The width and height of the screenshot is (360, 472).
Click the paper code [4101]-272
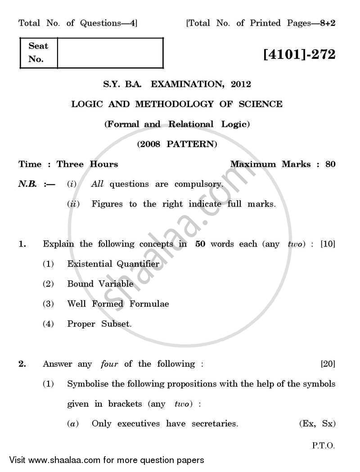coord(299,55)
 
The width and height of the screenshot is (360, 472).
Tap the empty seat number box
coord(110,53)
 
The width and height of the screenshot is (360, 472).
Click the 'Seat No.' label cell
coord(38,53)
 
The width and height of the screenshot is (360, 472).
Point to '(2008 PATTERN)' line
coord(177,144)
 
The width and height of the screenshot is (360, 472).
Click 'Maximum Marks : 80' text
coord(283,164)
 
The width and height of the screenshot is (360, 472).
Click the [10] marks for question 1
coord(328,244)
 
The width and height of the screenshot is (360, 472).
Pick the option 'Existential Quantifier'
coord(113,264)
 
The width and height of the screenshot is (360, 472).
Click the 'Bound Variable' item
coord(100,284)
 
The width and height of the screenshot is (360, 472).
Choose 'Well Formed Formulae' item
coord(118,304)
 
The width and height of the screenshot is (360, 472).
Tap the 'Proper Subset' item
coord(99,324)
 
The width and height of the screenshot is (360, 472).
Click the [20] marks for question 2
coord(328,364)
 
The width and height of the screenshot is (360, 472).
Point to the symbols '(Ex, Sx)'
coord(317,424)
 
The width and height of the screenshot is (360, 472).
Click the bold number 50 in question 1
coord(200,244)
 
